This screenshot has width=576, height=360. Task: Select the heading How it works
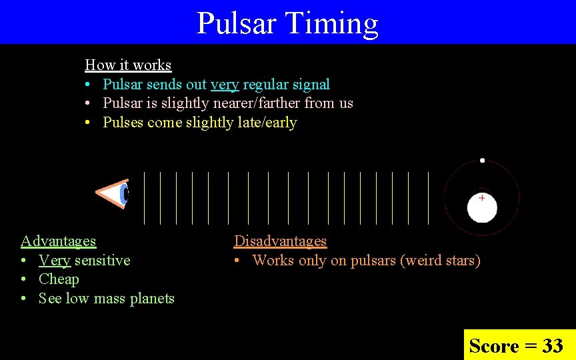tap(128, 65)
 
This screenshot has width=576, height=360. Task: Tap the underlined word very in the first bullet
tap(225, 85)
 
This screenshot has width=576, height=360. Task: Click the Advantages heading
tap(58, 241)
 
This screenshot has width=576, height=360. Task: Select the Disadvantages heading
tap(280, 241)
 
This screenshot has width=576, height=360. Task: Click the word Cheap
tap(59, 279)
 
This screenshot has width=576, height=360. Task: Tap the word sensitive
tap(102, 261)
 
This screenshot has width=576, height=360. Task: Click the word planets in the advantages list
tap(153, 299)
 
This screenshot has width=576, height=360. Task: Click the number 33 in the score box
tap(552, 346)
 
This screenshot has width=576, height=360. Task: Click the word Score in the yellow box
tap(494, 346)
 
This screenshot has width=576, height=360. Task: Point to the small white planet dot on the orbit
tap(482, 161)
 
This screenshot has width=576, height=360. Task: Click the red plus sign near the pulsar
tap(481, 198)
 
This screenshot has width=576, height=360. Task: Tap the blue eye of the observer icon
tap(124, 194)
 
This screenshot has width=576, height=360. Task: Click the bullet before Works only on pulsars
tap(237, 261)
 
